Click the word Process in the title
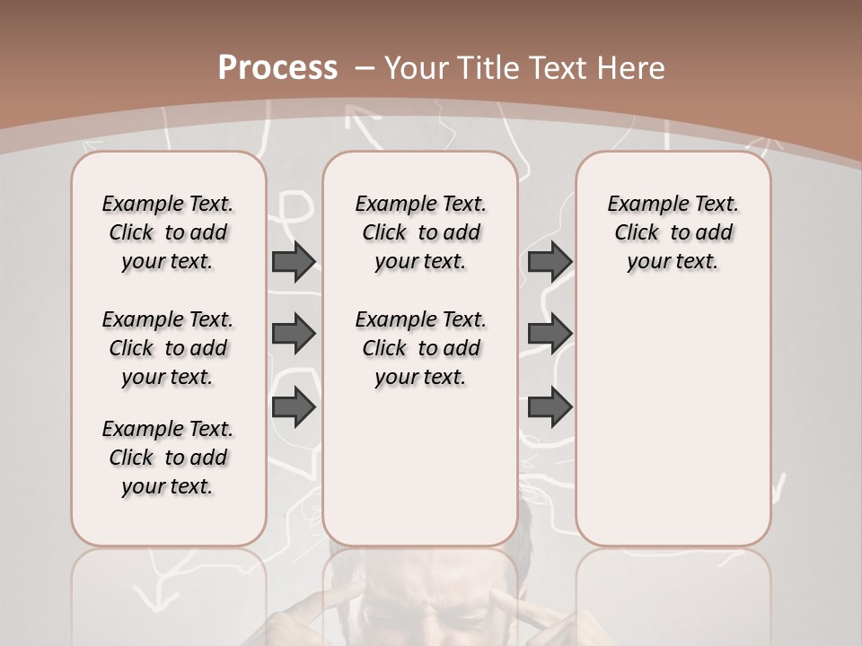point(277,68)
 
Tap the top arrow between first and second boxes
point(294,261)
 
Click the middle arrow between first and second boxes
point(294,334)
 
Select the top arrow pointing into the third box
point(550,261)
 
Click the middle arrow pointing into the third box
point(550,334)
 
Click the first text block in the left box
point(168,232)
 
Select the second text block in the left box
point(168,348)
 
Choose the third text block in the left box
point(168,458)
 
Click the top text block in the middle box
point(420,232)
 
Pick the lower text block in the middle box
point(420,348)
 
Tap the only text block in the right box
point(673,232)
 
